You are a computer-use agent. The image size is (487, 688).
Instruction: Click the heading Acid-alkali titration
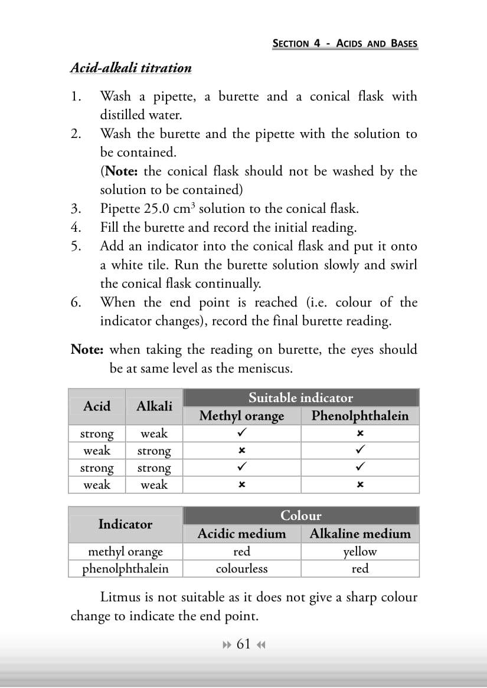tap(130, 68)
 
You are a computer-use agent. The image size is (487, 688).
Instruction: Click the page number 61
tap(243, 644)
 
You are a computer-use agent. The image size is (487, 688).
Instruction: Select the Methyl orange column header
tap(241, 416)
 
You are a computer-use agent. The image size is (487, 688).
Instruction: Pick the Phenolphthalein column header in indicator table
tap(359, 416)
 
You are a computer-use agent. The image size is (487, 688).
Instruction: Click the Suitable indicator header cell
tap(300, 397)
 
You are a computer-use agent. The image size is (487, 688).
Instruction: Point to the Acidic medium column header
tap(241, 534)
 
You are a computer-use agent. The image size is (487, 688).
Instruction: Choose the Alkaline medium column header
tap(359, 534)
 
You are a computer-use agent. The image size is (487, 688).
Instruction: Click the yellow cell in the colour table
tap(359, 552)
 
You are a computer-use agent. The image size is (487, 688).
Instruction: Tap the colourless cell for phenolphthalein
tap(241, 569)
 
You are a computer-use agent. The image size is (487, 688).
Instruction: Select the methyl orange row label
tap(125, 552)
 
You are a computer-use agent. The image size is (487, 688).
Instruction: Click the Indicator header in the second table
tap(125, 524)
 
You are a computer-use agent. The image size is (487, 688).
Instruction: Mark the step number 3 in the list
tap(75, 209)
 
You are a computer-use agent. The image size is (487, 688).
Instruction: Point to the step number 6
tap(75, 302)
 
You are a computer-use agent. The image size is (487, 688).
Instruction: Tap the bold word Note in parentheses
tap(122, 172)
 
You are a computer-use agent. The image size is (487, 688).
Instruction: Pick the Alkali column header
tap(154, 406)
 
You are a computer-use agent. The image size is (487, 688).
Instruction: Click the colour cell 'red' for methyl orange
tap(241, 552)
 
